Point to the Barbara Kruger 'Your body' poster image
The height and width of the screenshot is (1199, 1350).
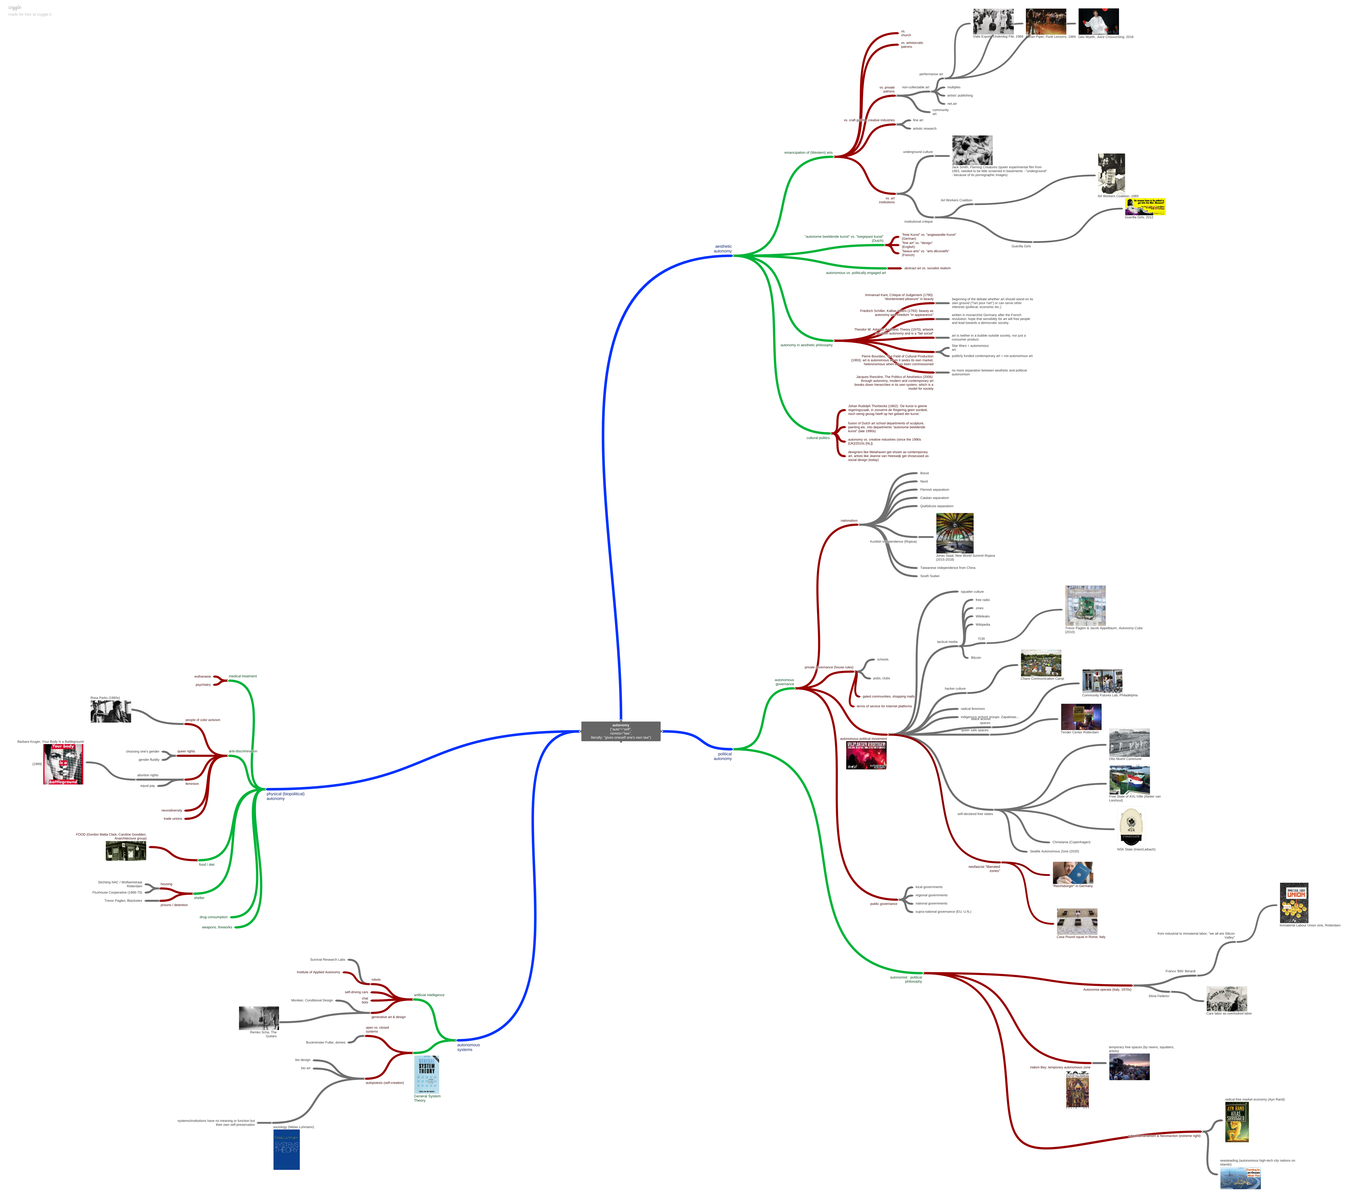pyautogui.click(x=63, y=764)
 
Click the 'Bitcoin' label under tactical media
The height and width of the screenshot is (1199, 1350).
pyautogui.click(x=976, y=658)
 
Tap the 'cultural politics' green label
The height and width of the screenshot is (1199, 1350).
pyautogui.click(x=818, y=438)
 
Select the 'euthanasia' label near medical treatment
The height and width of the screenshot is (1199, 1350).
pyautogui.click(x=202, y=676)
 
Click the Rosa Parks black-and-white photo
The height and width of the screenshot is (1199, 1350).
pyautogui.click(x=110, y=711)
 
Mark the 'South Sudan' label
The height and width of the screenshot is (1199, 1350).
pyautogui.click(x=929, y=576)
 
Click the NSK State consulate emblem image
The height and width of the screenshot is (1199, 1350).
pyautogui.click(x=1131, y=827)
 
